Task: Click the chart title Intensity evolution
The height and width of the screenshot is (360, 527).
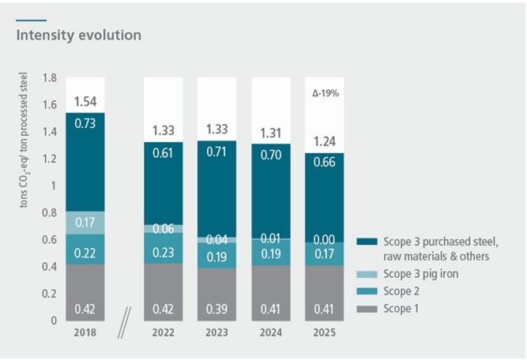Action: pyautogui.click(x=79, y=36)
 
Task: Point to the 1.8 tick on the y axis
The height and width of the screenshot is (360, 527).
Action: pyautogui.click(x=50, y=78)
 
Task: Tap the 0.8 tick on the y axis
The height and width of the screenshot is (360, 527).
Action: pyautogui.click(x=50, y=212)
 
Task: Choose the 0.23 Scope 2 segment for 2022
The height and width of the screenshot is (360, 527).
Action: pyautogui.click(x=171, y=249)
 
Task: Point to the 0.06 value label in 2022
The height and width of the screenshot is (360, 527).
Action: pyautogui.click(x=171, y=229)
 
